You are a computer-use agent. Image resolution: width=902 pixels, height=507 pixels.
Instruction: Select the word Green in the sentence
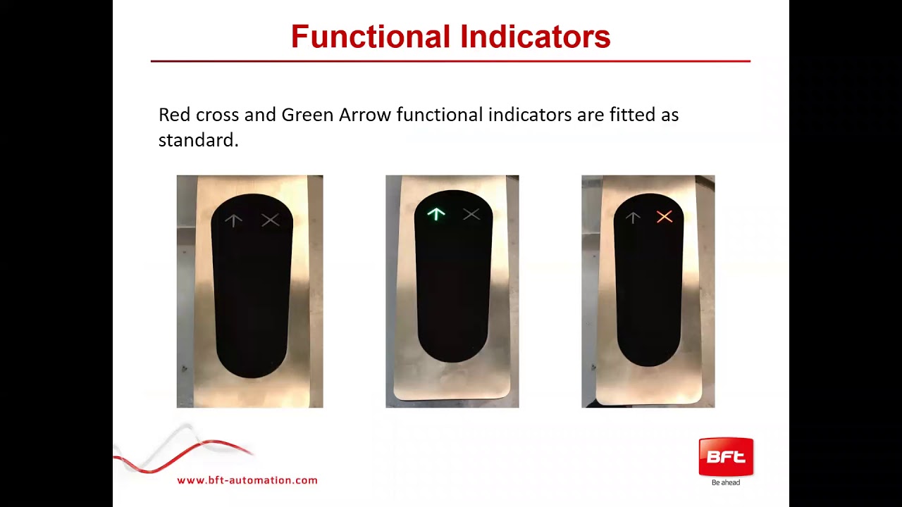[x=307, y=115]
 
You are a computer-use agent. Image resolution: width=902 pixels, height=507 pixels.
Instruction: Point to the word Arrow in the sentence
[x=364, y=115]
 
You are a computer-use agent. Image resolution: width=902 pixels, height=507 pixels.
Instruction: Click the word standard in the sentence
[x=198, y=140]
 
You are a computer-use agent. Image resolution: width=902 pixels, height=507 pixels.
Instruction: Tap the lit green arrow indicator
[x=436, y=214]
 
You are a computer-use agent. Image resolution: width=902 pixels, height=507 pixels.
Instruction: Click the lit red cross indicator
[x=664, y=217]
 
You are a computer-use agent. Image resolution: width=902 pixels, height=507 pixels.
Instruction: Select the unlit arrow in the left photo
[x=233, y=220]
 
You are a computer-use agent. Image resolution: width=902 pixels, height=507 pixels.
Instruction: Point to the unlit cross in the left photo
[x=270, y=220]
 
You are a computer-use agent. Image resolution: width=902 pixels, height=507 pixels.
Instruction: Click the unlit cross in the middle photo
[x=471, y=214]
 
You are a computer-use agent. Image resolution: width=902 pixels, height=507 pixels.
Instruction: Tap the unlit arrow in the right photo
[x=633, y=218]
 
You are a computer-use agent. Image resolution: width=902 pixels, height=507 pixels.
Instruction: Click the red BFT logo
[x=726, y=456]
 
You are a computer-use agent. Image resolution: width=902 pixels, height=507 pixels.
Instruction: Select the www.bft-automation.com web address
[x=247, y=480]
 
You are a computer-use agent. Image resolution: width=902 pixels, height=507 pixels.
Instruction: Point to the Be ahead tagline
[x=726, y=483]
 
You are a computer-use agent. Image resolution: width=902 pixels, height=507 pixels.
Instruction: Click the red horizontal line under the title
[x=450, y=61]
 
